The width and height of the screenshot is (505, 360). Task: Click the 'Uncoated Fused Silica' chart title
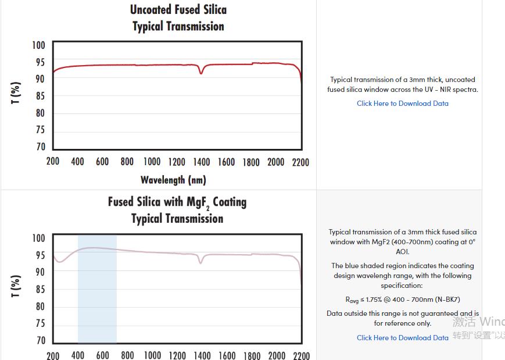[178, 10]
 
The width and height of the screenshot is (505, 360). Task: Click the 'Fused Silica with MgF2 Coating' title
[177, 202]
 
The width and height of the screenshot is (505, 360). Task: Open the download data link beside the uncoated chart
[402, 104]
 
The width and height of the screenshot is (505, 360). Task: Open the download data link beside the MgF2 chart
[402, 337]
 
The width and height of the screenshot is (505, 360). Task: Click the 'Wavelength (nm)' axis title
[173, 180]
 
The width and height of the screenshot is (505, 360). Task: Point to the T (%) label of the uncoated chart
[16, 93]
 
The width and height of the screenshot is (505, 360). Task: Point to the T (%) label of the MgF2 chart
[16, 286]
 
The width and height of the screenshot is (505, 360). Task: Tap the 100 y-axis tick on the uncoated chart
[38, 45]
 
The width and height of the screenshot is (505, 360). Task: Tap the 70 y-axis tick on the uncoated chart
[40, 147]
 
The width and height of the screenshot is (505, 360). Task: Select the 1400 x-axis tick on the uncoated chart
[201, 162]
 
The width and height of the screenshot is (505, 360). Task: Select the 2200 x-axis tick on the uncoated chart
[300, 162]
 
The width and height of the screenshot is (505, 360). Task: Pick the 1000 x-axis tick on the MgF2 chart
[152, 355]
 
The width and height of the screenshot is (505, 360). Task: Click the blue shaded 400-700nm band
[97, 291]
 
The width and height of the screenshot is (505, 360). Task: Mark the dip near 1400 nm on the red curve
[202, 72]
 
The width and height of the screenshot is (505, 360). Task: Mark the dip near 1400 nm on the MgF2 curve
[201, 262]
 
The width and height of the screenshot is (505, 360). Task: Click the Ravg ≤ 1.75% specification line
[402, 300]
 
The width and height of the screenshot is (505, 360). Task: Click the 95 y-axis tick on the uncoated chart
[40, 62]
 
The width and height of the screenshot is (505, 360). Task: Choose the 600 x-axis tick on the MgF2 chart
[102, 355]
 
